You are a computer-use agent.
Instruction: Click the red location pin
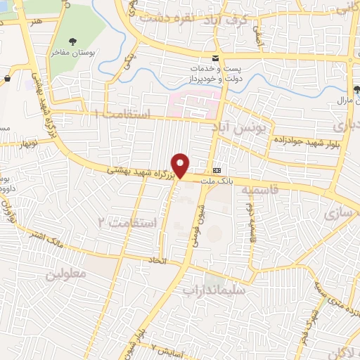pos(181,165)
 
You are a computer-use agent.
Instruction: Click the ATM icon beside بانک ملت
pos(217,170)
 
